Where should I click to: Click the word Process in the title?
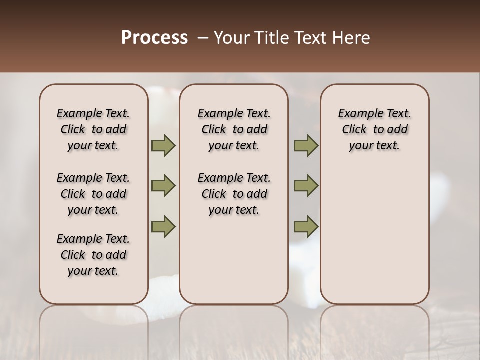pos(154,38)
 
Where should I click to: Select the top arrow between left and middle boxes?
pos(163,146)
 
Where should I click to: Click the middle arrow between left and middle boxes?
pos(163,186)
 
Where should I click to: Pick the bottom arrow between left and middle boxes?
pos(163,226)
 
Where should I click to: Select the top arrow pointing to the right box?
pos(306,146)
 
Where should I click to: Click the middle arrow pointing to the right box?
pos(306,186)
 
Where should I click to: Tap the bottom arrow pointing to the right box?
pos(306,226)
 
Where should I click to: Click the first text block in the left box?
pos(93,129)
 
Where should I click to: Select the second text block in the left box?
pos(93,194)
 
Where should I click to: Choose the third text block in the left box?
pos(93,255)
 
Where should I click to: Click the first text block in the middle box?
pos(234,129)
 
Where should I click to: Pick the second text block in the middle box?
pos(234,194)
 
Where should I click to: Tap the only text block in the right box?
pos(374,129)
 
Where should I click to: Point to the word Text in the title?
pos(313,38)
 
